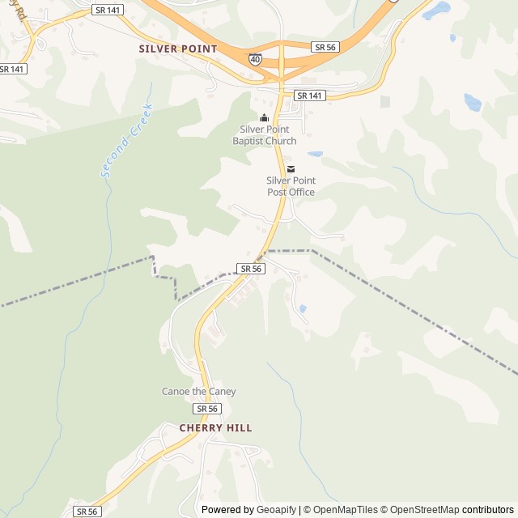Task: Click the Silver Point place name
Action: [178, 49]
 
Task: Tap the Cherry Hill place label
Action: [215, 427]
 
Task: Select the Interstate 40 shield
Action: [255, 59]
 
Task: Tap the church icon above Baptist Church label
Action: [264, 118]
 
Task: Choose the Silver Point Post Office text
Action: [291, 186]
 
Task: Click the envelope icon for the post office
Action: [291, 169]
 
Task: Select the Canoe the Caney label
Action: [199, 392]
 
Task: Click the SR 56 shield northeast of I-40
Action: [325, 48]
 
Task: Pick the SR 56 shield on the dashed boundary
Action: [251, 268]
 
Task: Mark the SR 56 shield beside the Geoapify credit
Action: [87, 512]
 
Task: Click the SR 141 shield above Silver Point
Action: [108, 10]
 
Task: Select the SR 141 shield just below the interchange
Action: [309, 96]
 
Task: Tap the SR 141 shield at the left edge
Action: [12, 70]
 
